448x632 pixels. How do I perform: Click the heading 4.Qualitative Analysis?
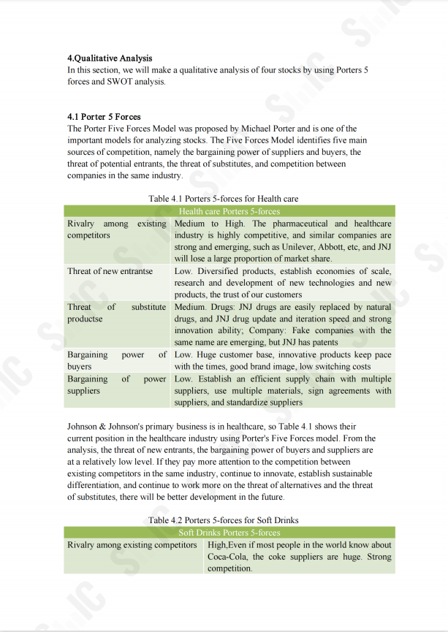(x=110, y=58)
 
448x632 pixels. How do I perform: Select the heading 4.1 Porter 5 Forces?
(x=104, y=116)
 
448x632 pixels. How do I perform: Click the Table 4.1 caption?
(x=223, y=199)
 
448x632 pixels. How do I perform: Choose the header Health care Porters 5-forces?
(x=229, y=211)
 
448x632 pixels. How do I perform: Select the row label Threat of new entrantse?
(x=110, y=271)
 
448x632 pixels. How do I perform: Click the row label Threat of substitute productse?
(x=116, y=313)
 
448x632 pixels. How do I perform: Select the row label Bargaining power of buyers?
(x=117, y=360)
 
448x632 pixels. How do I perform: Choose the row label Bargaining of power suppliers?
(x=117, y=385)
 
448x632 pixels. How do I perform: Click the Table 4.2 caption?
(x=223, y=520)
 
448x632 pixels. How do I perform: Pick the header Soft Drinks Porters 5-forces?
(x=229, y=533)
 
